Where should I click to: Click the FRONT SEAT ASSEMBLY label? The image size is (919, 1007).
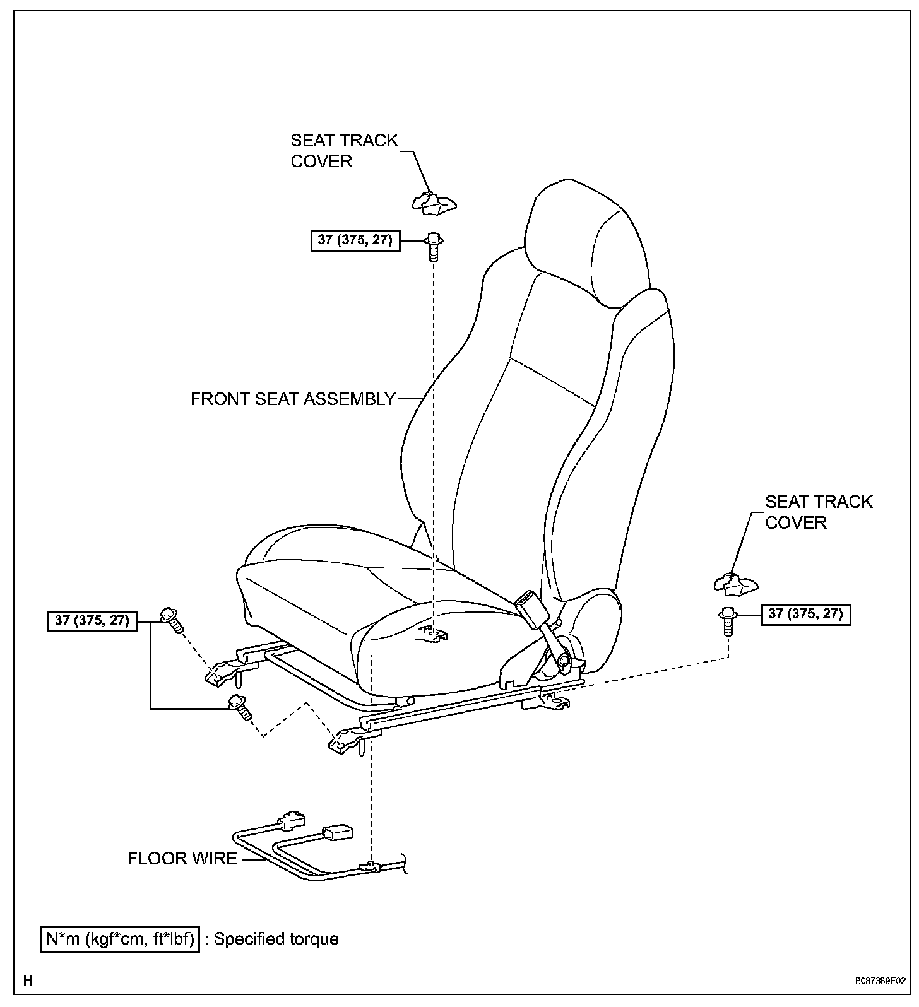point(293,399)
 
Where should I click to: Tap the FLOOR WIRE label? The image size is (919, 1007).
point(182,858)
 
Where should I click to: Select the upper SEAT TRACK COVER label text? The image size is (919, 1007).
point(344,150)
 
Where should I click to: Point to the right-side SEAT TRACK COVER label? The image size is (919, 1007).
point(819,512)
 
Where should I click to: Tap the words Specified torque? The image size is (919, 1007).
point(276,939)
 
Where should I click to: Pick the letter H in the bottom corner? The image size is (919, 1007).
point(28,980)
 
